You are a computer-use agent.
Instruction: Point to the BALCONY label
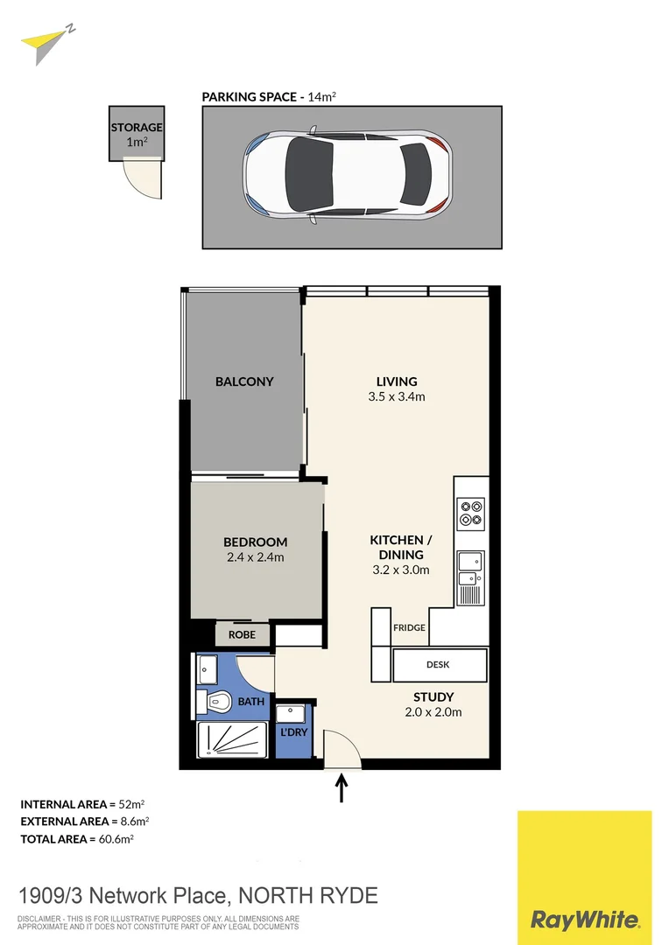[244, 381]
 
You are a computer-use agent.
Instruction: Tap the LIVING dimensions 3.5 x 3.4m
[397, 397]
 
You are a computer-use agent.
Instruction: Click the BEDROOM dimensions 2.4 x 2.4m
[255, 557]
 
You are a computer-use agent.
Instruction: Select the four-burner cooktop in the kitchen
[471, 512]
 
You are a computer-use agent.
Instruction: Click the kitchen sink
[470, 567]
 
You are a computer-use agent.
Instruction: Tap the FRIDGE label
[409, 627]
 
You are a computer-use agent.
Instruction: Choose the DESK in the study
[439, 665]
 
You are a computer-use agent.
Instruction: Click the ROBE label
[243, 634]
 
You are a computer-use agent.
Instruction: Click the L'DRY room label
[293, 731]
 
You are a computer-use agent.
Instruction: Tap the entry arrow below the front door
[342, 787]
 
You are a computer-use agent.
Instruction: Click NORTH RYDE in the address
[307, 896]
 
